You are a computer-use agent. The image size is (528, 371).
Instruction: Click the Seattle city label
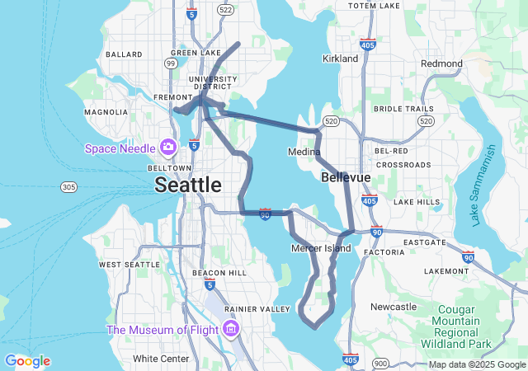tap(188, 185)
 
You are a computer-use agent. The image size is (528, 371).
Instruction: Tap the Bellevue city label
tap(345, 177)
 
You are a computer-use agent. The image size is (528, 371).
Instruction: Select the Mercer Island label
tap(321, 248)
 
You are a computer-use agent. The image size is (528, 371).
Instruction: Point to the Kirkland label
tap(340, 59)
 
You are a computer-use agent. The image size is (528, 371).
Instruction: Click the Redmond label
tap(441, 63)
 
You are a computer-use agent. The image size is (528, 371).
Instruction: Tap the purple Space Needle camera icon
tap(168, 148)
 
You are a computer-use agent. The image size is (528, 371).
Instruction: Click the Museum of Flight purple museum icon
tap(230, 331)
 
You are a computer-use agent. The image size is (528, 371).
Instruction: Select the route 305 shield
tap(68, 188)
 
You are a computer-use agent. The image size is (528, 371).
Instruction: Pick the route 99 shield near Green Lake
tap(171, 63)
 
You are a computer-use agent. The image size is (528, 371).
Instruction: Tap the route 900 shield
tap(380, 363)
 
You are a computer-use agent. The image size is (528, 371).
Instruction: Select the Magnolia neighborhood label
tap(106, 112)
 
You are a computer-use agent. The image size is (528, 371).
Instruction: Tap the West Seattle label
tap(130, 264)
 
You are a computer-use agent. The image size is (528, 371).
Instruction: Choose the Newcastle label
tap(394, 307)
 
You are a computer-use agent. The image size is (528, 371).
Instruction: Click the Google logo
tap(27, 361)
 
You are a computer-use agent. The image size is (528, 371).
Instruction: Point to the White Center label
tap(161, 359)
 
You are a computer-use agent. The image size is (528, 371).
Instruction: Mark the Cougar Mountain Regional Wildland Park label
tap(457, 326)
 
